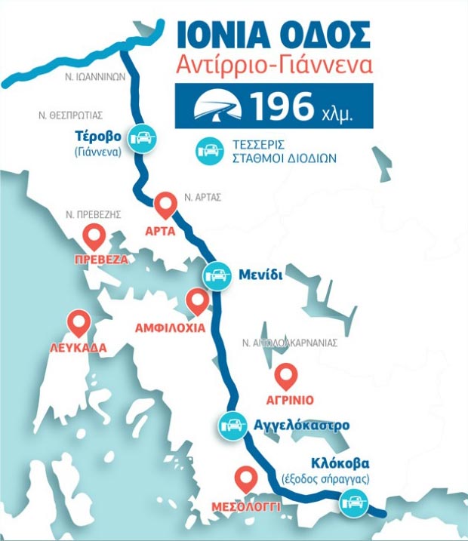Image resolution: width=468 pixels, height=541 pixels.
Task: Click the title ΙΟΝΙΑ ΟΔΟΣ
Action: pyautogui.click(x=272, y=35)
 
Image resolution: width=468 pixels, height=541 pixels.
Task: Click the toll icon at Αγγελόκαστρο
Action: pyautogui.click(x=232, y=426)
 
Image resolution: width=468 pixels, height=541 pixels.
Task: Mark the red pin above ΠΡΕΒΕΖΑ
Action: pyautogui.click(x=95, y=237)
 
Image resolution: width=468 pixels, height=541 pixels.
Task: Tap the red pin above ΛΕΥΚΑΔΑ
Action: pyautogui.click(x=79, y=323)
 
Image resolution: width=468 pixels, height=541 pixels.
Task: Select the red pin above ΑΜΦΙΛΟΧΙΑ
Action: pyautogui.click(x=197, y=301)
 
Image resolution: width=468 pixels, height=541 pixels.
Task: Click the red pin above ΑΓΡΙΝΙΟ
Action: pyautogui.click(x=286, y=375)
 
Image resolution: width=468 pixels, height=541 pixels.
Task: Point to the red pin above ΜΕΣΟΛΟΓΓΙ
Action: pyautogui.click(x=245, y=478)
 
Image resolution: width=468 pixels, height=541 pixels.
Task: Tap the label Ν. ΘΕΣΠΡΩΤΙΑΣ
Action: pyautogui.click(x=70, y=115)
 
